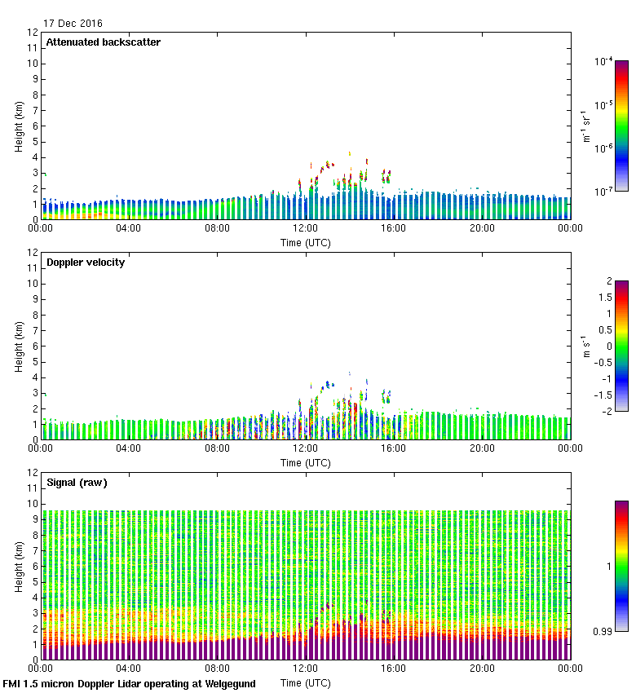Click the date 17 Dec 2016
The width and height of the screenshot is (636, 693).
(x=73, y=24)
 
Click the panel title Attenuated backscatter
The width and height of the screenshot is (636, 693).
(x=104, y=42)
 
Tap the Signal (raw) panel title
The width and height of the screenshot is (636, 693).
(x=77, y=483)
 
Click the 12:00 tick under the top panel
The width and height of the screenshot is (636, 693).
(x=306, y=228)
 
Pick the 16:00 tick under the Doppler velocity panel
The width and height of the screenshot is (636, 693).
(x=394, y=448)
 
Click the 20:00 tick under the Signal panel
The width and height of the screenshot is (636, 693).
(x=482, y=669)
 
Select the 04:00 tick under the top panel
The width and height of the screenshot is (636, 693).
(x=129, y=228)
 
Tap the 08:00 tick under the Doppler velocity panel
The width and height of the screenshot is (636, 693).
(x=217, y=448)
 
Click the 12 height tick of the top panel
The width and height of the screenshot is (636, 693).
(x=33, y=33)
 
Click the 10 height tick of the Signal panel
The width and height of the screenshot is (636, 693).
(x=33, y=504)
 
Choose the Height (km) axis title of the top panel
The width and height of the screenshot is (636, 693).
(x=19, y=126)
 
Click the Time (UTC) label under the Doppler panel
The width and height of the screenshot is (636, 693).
(x=306, y=462)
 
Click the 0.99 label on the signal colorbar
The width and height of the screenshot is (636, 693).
(x=603, y=630)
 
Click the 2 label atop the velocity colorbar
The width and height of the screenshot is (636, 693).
(x=607, y=281)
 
